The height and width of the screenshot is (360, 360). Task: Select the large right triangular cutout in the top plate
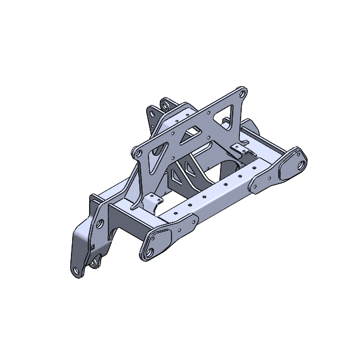232,113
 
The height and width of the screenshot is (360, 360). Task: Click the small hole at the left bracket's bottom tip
75,270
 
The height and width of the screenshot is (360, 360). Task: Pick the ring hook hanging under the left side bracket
94,263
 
